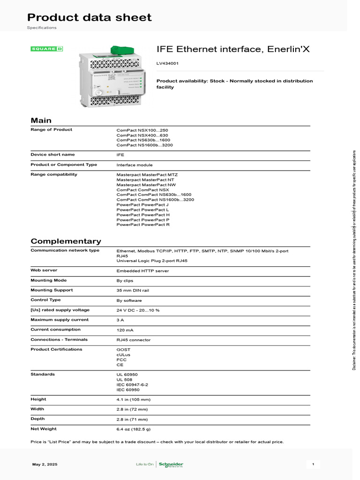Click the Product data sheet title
[89, 18]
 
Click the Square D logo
[47, 49]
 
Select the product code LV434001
[167, 63]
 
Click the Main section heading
[41, 120]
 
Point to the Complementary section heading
[66, 241]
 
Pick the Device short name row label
[52, 155]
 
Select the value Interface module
[135, 165]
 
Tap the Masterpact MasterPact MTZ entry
[147, 174]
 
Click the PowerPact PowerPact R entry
[143, 225]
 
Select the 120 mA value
[125, 330]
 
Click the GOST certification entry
[123, 350]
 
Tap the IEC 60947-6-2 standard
[132, 384]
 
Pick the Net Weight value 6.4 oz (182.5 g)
[134, 429]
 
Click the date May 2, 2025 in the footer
[45, 464]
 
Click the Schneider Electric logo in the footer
[171, 465]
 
